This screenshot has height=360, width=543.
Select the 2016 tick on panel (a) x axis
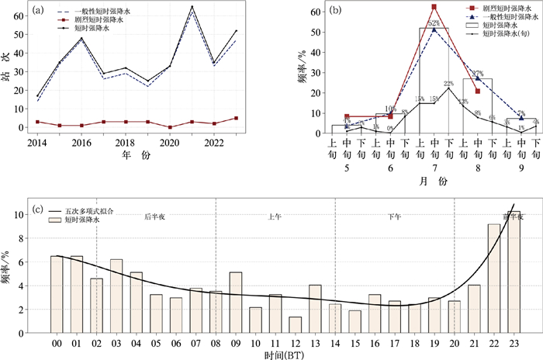(81, 144)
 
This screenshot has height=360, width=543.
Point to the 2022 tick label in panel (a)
(215, 144)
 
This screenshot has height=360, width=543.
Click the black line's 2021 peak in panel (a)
(192, 7)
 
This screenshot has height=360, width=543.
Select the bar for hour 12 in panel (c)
(294, 322)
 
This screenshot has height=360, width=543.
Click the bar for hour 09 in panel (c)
(234, 300)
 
